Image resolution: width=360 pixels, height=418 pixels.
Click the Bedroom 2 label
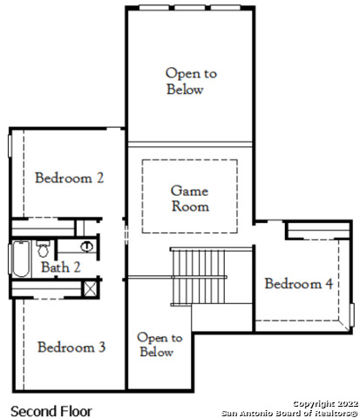point(69,178)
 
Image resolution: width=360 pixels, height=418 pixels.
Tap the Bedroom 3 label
point(71,347)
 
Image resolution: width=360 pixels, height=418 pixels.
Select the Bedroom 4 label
point(299,284)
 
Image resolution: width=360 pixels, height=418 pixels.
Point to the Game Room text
point(190,199)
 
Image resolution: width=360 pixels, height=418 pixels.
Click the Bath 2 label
point(60,267)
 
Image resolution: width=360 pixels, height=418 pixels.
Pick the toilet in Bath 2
point(44,249)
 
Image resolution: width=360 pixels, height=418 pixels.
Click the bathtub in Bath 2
point(21,259)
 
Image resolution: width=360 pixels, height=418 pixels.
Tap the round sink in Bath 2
point(86,246)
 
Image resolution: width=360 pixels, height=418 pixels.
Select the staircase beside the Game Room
point(199,277)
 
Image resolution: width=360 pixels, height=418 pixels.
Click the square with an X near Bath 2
point(90,289)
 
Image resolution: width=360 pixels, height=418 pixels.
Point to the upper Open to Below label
point(191,81)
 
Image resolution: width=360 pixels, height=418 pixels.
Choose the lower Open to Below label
point(160,345)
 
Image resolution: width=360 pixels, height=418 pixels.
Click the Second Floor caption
point(51,411)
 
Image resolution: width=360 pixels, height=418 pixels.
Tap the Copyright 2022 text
point(325,404)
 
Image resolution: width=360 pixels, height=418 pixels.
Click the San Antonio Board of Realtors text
point(289,413)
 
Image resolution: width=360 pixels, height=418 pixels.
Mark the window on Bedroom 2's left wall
point(10,146)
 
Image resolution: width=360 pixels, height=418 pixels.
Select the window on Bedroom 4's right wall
point(351,314)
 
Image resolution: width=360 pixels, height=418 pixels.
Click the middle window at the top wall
point(190,8)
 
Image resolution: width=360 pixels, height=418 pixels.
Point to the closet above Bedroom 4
point(318,231)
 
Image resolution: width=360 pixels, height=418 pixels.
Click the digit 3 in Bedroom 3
point(102,347)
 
